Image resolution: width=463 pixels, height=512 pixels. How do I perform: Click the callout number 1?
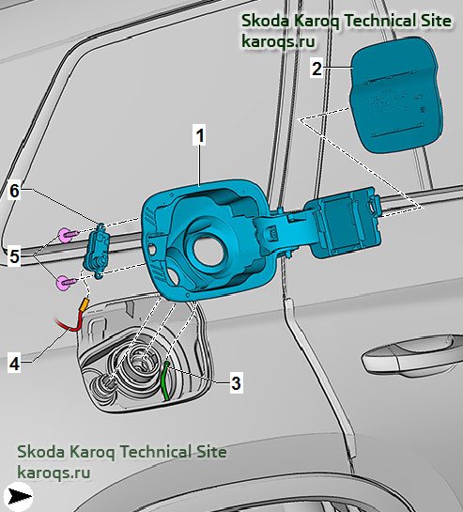coord(199,135)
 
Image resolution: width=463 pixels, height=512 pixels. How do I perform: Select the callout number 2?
coord(316,69)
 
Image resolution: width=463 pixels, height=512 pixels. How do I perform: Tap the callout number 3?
coord(236,382)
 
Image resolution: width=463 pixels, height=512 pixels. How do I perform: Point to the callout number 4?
coord(14,364)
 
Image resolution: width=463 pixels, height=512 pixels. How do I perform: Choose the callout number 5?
coord(14,256)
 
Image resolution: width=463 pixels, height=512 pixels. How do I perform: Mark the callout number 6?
coord(14,191)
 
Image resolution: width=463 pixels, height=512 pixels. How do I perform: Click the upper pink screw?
coord(68,235)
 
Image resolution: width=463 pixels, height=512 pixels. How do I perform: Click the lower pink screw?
coord(67,283)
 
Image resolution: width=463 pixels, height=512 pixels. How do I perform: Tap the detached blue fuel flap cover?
coord(396,94)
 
